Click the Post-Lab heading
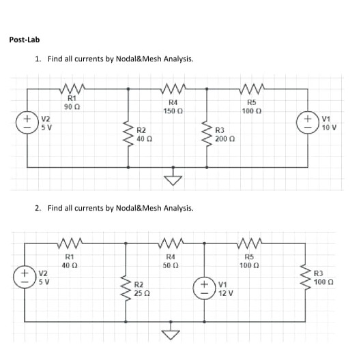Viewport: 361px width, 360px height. (x=25, y=40)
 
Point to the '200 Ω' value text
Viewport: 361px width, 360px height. (x=225, y=138)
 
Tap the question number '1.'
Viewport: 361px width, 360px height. (x=38, y=59)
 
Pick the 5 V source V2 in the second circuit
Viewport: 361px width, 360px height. (x=27, y=281)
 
